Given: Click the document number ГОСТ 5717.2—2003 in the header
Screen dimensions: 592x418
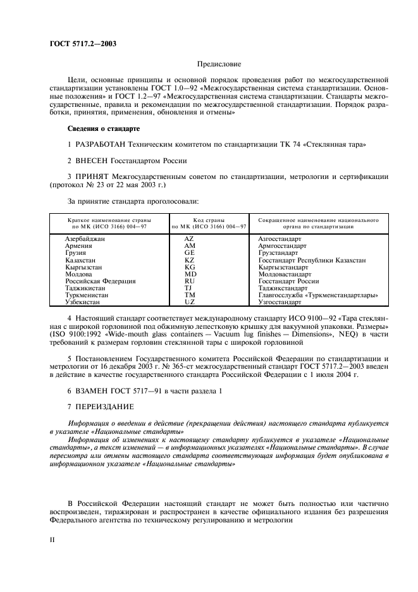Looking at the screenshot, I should (83, 44).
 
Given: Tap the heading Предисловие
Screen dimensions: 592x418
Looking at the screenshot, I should (219, 65).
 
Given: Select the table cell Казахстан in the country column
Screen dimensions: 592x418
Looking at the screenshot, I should (80, 261).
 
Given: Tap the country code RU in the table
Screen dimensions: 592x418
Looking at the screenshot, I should (189, 281).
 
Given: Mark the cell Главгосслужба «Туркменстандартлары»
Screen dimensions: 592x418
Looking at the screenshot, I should (318, 295).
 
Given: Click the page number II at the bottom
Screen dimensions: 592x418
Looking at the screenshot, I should (53, 540).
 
